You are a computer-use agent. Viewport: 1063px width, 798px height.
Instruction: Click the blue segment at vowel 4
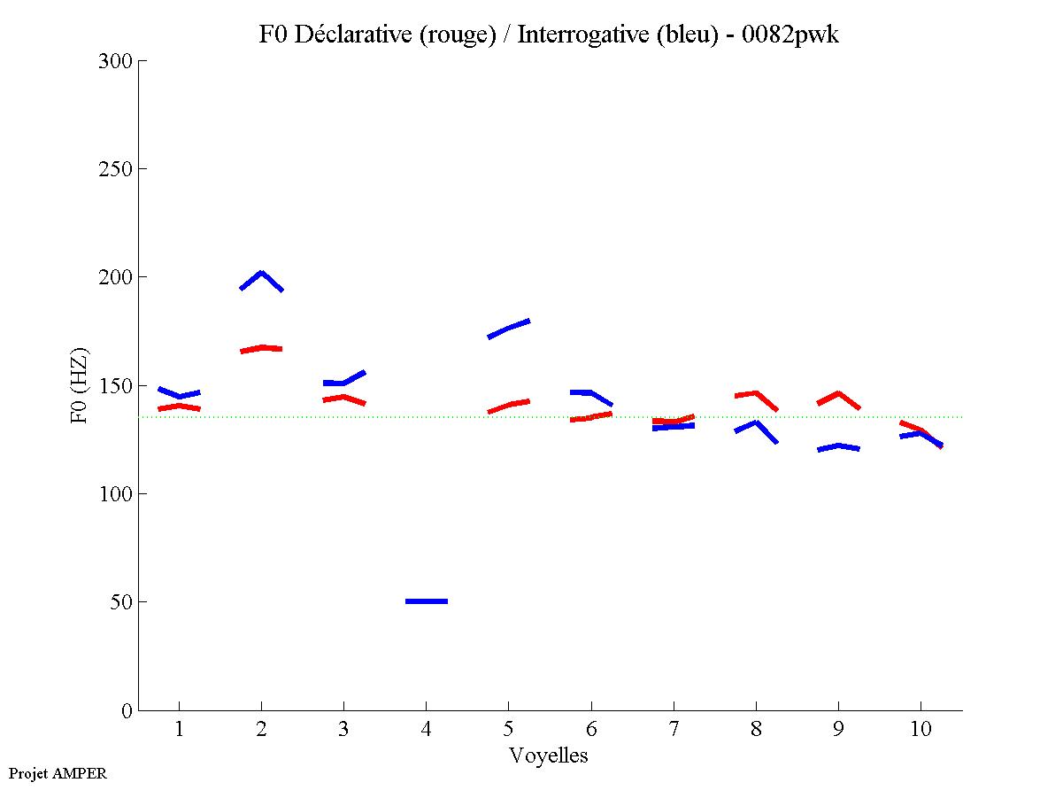coord(427,601)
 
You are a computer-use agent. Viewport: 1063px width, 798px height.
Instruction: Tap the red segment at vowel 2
coord(261,348)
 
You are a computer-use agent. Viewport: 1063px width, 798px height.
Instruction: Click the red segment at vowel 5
coord(509,405)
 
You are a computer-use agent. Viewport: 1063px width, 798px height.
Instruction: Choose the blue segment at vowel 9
coord(837,446)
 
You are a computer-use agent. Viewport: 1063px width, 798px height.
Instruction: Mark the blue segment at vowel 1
coord(180,394)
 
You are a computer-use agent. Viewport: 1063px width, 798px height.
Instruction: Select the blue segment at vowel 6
coord(590,393)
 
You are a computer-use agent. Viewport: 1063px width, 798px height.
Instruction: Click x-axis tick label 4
coord(427,730)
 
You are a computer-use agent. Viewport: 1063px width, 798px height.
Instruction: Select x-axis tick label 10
coord(920,730)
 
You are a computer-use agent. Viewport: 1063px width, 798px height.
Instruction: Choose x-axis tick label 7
coord(674,730)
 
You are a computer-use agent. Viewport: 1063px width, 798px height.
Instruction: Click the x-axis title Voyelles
coord(549,755)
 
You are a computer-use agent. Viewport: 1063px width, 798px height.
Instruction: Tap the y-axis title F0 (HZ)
coord(80,385)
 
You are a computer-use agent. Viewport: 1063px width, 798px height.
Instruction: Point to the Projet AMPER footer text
coord(58,773)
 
